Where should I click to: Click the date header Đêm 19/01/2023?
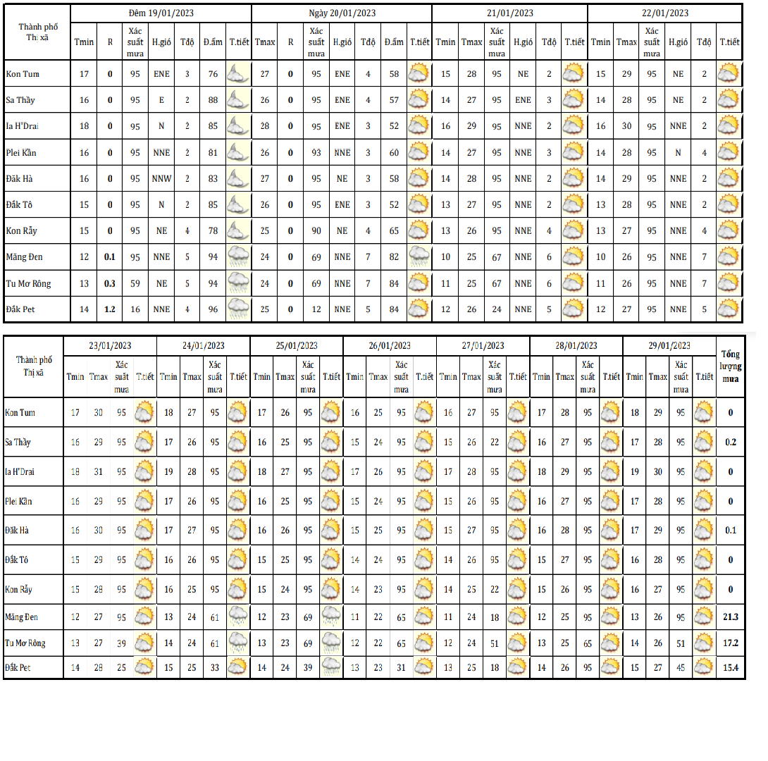coord(161,13)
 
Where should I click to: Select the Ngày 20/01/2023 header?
coord(342,13)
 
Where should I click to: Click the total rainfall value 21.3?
coord(730,617)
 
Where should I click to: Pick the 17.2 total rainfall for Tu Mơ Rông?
coord(730,643)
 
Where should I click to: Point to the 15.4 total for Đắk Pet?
coord(730,667)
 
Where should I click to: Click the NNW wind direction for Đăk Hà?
coord(161,179)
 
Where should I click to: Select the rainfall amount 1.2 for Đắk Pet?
coord(110,309)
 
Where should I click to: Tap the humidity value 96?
coord(213,309)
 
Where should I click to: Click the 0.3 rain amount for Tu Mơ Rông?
coord(110,283)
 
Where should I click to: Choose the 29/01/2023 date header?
coord(669,345)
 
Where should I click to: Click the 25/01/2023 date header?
coord(297,345)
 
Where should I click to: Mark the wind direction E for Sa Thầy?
coord(161,100)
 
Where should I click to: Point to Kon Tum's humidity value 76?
coord(213,74)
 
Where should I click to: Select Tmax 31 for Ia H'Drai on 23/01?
coord(98,472)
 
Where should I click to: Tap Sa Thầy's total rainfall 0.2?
coord(730,443)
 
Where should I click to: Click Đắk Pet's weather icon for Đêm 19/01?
coord(238,309)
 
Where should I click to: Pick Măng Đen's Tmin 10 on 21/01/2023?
coord(445,257)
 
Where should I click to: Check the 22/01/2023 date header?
coord(664,13)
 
